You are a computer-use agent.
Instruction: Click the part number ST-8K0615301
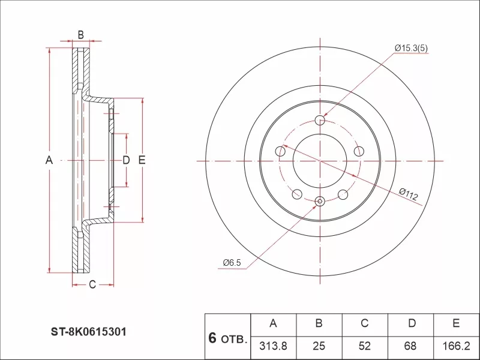(x=88, y=331)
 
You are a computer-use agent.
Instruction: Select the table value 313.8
(x=274, y=346)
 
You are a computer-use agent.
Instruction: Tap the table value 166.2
(x=456, y=346)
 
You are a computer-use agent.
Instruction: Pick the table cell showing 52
(x=364, y=346)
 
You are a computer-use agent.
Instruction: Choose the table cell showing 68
(x=412, y=346)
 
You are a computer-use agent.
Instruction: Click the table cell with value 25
(x=319, y=346)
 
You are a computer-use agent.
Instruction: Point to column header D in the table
(x=412, y=324)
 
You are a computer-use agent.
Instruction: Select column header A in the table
(x=274, y=324)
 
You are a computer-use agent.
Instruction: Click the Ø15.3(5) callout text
(x=411, y=48)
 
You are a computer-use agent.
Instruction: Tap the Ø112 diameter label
(x=409, y=193)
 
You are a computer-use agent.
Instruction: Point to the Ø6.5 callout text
(x=232, y=262)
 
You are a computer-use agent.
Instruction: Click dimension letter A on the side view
(x=50, y=160)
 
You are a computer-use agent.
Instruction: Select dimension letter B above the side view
(x=80, y=35)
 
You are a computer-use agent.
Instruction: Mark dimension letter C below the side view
(x=92, y=284)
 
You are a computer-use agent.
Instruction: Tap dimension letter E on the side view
(x=142, y=160)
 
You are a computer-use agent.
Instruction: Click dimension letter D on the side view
(x=126, y=160)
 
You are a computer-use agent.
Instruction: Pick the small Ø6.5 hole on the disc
(x=320, y=201)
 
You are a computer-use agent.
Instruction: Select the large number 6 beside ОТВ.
(x=212, y=338)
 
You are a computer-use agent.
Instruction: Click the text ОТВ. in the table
(x=234, y=340)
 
